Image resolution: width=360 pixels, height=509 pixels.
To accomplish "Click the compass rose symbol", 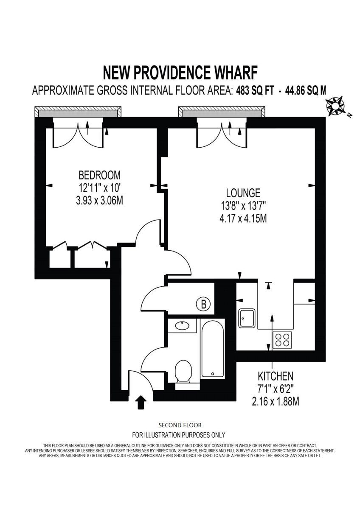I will (337, 106).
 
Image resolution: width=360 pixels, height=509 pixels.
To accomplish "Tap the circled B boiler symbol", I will (204, 304).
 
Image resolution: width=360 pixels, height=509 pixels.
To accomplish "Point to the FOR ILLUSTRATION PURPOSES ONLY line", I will (179, 435).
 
